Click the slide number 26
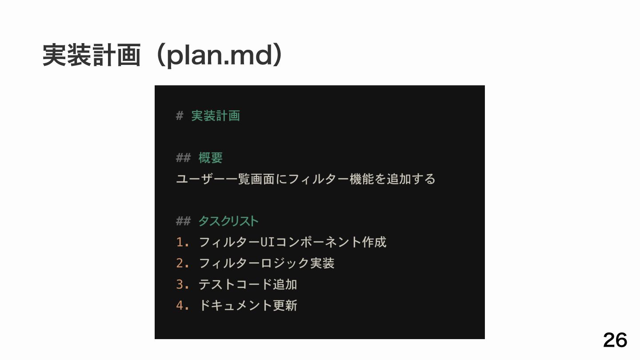(615, 340)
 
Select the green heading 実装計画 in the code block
(216, 116)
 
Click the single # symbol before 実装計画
(180, 116)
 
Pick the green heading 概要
(211, 158)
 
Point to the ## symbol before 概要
(183, 158)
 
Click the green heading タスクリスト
(228, 221)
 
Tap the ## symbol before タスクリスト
(183, 221)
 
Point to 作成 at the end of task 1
(374, 242)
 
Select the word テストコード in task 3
(235, 284)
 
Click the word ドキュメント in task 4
(235, 305)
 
